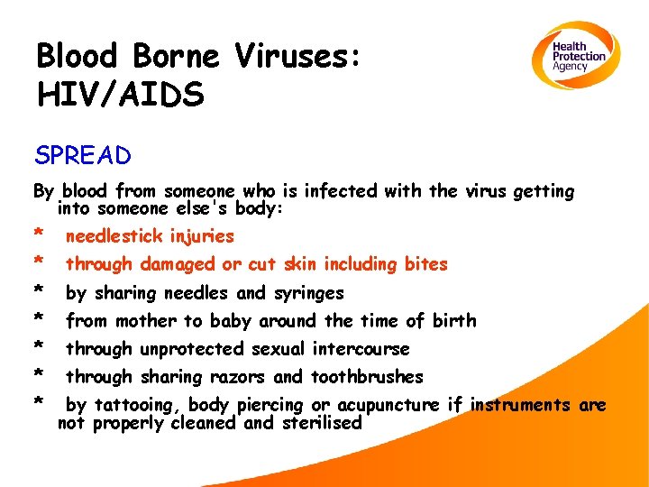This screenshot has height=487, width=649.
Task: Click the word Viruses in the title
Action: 297,56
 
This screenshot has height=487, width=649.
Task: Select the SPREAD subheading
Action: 83,156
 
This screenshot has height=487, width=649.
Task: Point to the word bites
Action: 426,264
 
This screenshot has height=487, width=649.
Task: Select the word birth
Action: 453,321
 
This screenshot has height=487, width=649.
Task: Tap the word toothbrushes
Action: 367,377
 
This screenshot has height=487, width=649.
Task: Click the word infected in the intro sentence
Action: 340,191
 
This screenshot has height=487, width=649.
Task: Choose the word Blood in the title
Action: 78,56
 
